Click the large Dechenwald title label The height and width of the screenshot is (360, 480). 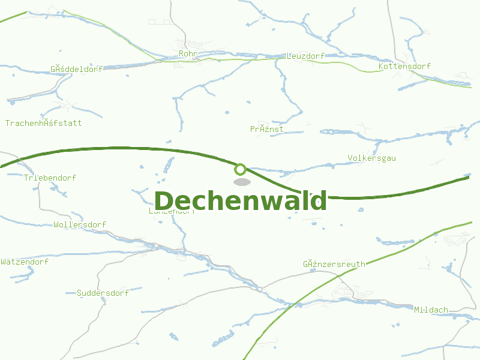coord(241,200)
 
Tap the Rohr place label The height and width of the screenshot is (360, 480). coord(188,54)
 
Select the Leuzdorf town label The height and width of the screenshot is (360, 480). coord(305,56)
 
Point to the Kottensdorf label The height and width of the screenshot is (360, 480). coord(405,66)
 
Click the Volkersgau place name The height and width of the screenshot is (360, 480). coord(371,158)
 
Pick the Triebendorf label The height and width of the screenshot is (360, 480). coord(50,178)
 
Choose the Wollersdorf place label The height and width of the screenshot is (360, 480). coord(80,224)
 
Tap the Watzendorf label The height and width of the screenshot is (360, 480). coord(25,262)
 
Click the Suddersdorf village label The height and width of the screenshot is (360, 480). coord(103,293)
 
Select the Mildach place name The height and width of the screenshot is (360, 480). coord(431,310)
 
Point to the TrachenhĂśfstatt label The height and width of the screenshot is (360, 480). coord(43,123)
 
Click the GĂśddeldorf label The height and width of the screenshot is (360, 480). coord(77,68)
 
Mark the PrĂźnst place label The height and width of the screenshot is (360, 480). coord(267,129)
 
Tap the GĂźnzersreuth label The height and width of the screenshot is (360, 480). coord(334,263)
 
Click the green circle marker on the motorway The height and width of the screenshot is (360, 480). coord(241,169)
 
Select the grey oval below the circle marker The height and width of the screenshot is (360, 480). coord(241,182)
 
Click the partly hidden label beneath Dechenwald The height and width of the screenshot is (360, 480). coord(172,211)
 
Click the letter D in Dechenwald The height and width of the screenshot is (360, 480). coord(166,200)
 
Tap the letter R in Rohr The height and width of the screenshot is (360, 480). coord(181,54)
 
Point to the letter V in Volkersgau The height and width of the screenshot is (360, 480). coord(350,158)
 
